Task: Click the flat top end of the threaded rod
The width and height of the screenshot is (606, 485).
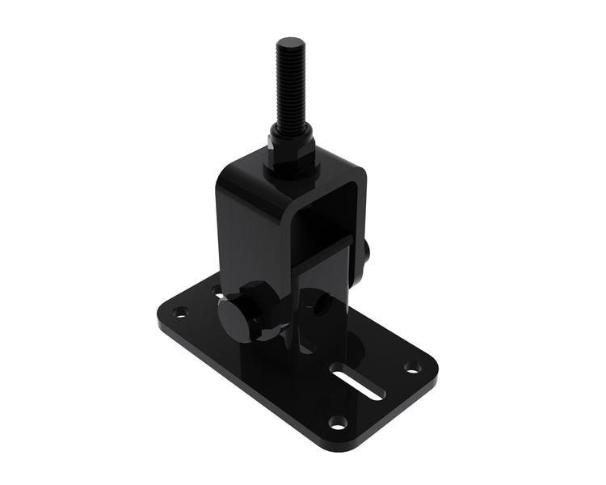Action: [x=287, y=42]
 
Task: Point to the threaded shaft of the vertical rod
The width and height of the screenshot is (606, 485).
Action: [x=288, y=89]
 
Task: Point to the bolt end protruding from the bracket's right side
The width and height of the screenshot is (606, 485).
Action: [x=367, y=255]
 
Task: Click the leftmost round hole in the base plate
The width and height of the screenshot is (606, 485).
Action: [x=180, y=311]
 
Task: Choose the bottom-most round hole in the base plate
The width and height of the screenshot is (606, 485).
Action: [x=339, y=422]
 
